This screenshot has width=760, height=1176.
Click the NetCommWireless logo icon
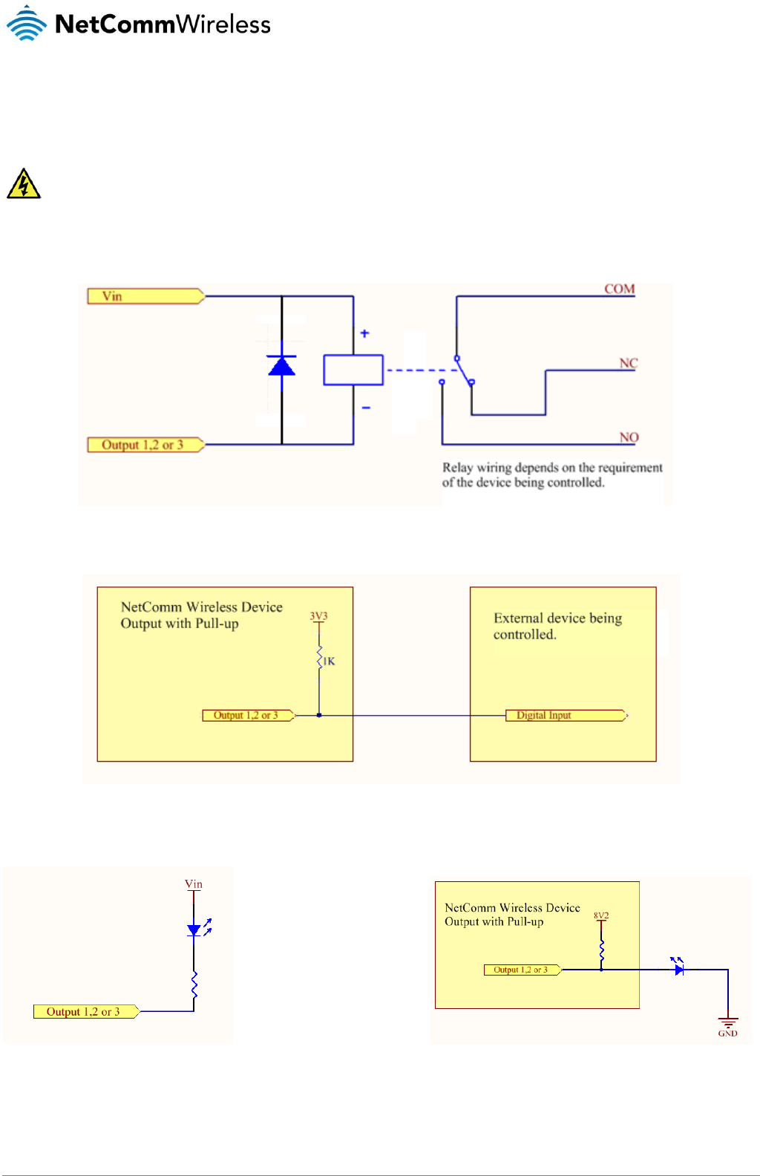coord(27,24)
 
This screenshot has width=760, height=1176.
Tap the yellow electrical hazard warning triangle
coord(23,184)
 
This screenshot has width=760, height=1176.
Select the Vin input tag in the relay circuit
coord(145,296)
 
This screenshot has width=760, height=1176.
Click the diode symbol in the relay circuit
coord(281,365)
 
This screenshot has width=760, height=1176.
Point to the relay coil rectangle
coord(353,370)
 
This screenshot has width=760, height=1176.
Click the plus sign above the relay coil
coord(364,334)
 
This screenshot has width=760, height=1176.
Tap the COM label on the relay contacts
coord(619,289)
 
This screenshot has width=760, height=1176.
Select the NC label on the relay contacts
coord(629,363)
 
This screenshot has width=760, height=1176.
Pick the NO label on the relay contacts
coord(629,437)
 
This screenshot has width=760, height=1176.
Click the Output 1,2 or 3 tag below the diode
coord(145,445)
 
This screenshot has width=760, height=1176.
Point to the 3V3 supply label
coord(318,616)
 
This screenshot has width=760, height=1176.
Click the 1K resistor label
coord(329,661)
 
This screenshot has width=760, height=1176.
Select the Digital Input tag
coord(566,715)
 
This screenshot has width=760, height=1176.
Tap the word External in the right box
coord(519,618)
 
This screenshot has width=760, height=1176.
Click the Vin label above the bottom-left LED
coord(194,884)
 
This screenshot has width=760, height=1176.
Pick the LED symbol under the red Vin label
coord(194,930)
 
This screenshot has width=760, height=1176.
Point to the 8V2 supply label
coord(600,915)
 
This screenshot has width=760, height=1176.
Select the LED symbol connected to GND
coord(678,968)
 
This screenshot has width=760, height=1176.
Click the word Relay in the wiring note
coord(457,468)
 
